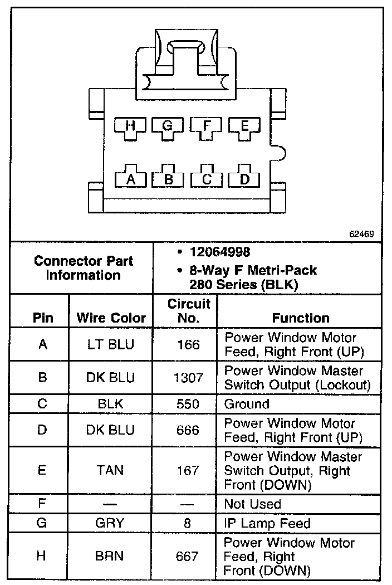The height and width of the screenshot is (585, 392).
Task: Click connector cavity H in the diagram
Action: click(x=130, y=126)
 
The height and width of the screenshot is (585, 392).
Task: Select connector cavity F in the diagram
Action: click(x=207, y=126)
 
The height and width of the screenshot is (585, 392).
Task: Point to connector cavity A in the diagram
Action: click(x=131, y=179)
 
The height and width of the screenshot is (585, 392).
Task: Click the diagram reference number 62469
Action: click(x=361, y=234)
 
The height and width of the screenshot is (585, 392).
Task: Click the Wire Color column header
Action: click(x=111, y=318)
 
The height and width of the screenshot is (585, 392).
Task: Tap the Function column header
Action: click(x=301, y=318)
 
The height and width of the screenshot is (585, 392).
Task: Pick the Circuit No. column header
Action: click(x=189, y=311)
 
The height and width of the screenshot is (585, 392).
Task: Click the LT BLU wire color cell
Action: click(x=111, y=344)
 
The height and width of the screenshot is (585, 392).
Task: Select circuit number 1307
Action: click(x=189, y=378)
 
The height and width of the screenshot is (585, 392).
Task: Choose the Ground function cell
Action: click(x=247, y=404)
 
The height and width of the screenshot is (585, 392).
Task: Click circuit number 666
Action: click(x=189, y=430)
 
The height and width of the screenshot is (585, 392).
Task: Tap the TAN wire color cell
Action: click(x=111, y=471)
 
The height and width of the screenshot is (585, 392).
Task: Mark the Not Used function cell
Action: click(x=252, y=504)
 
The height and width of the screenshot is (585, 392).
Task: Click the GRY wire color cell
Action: click(x=111, y=524)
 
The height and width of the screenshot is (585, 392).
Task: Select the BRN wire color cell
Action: click(x=111, y=557)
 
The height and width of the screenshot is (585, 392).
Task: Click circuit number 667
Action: click(x=189, y=557)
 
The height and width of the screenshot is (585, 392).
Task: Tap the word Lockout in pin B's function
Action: click(x=346, y=385)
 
